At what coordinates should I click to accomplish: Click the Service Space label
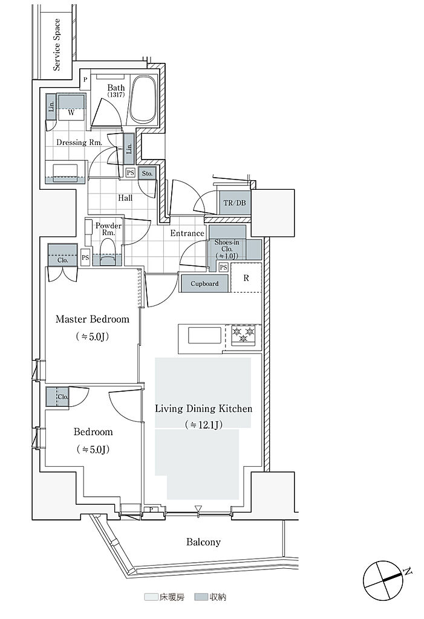click(57, 45)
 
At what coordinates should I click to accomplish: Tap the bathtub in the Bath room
click(142, 99)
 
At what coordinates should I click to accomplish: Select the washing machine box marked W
click(71, 107)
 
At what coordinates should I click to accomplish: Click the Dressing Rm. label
click(79, 142)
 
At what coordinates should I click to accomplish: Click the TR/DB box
click(235, 203)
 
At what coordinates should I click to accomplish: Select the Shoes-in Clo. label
click(227, 249)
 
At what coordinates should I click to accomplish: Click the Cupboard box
click(204, 284)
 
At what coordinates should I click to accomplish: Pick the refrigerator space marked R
click(246, 278)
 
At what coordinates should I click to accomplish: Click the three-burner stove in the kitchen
click(243, 335)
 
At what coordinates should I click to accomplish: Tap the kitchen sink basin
click(204, 335)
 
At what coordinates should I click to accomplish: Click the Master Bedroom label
click(93, 319)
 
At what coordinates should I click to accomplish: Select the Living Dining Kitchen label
click(203, 409)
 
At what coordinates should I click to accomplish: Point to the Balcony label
click(203, 542)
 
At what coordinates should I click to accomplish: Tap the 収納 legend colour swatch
click(201, 597)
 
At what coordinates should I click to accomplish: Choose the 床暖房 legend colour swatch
click(151, 597)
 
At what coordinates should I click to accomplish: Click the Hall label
click(125, 198)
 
